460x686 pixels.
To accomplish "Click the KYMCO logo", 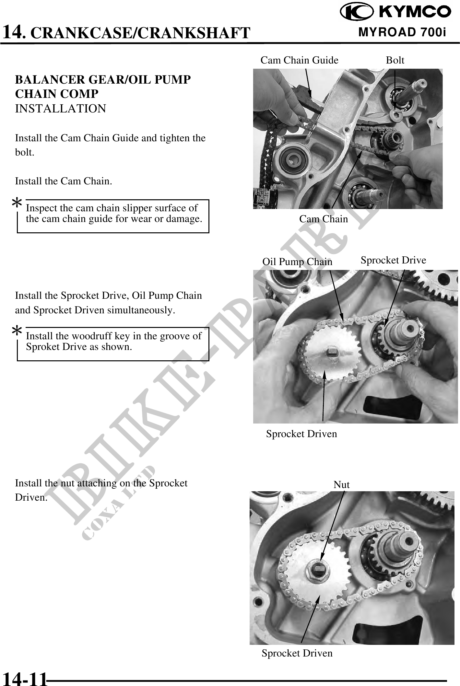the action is point(395,12).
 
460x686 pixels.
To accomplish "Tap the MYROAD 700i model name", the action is point(402,32).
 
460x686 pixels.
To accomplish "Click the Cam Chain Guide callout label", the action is point(299,60).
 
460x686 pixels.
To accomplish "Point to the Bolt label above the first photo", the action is point(395,60).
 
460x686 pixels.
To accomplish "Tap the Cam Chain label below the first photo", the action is point(324,219).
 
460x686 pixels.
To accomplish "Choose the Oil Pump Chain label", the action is point(297,262).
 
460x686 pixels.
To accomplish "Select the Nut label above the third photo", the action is point(342,485).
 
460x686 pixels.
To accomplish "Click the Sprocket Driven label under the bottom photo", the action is point(297,653).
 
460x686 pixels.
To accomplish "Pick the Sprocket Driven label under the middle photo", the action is point(301,434).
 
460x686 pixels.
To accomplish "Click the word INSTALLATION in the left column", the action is point(61,109).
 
